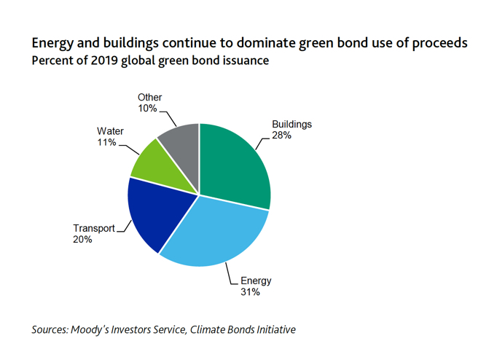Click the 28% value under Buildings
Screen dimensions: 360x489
coord(283,136)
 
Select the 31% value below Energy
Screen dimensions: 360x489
coord(251,292)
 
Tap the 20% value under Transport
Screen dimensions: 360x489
coord(82,239)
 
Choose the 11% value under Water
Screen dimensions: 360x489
coord(106,143)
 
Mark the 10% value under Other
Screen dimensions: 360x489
coord(148,109)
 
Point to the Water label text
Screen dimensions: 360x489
coord(111,132)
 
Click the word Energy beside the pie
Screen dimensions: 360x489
coord(257,281)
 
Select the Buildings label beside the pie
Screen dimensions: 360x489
coord(292,124)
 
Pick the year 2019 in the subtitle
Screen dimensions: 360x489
coord(100,61)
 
